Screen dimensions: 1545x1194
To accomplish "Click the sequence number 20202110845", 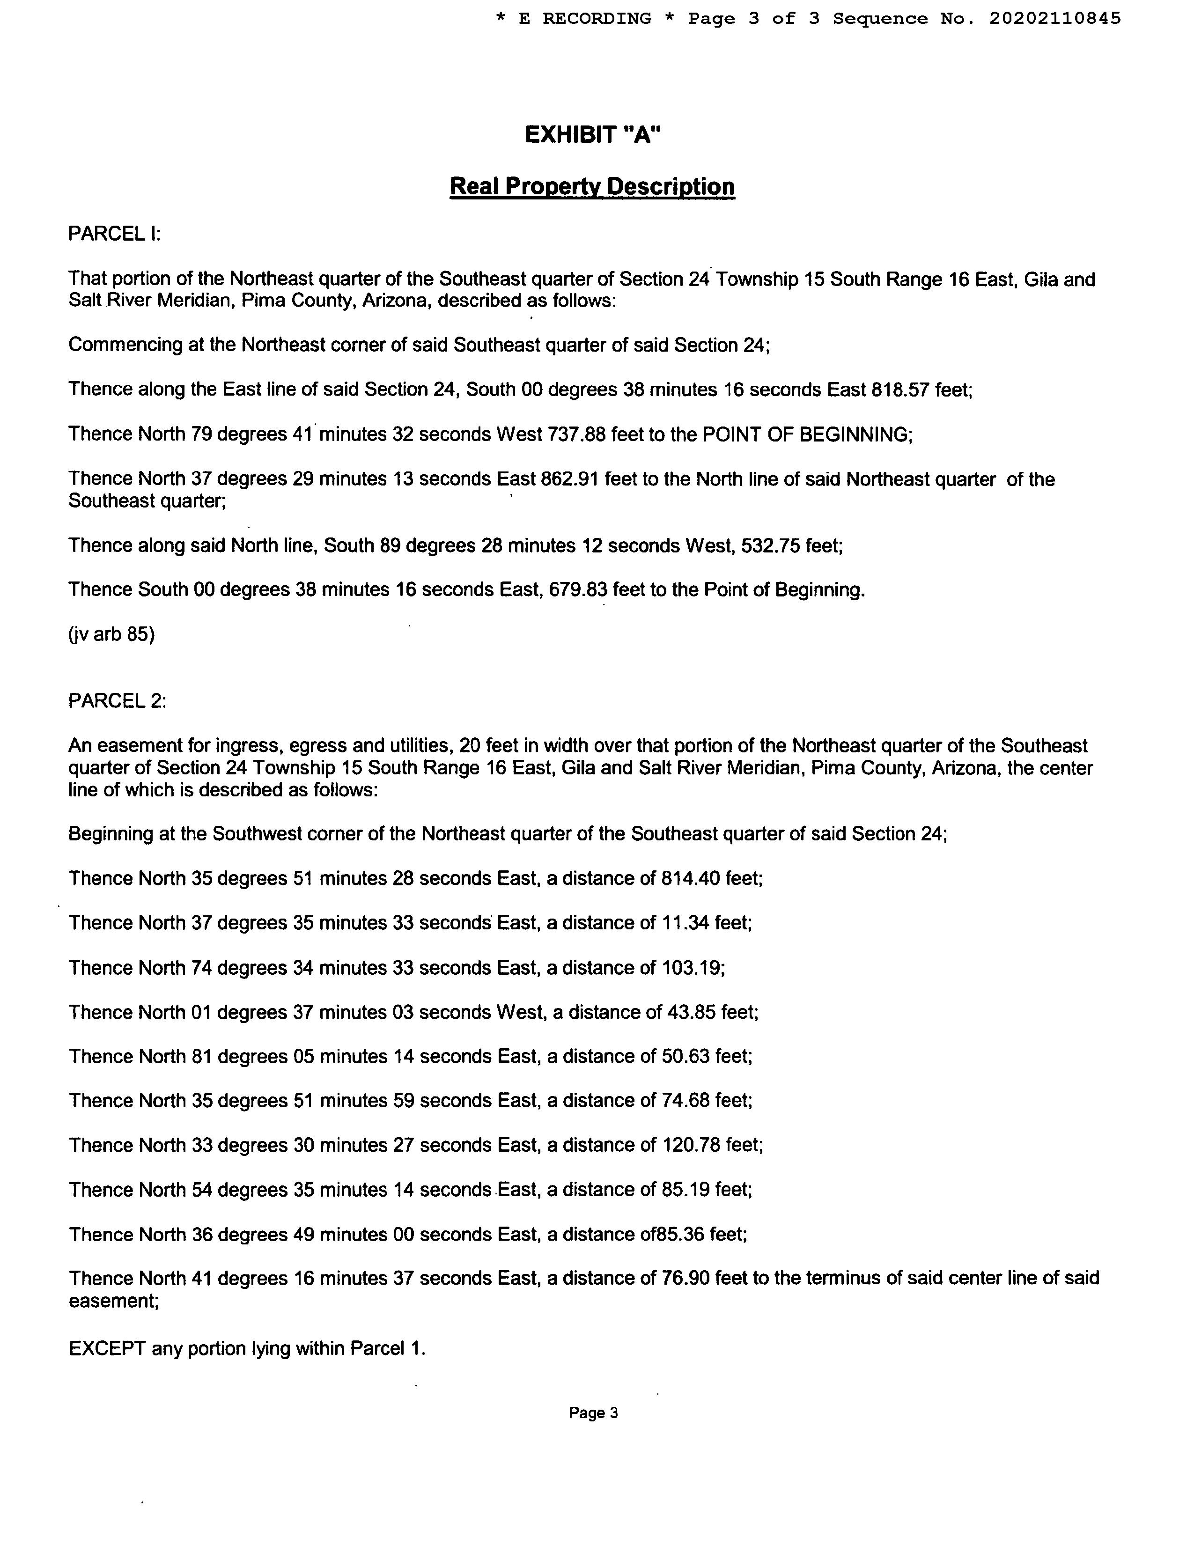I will point(1054,18).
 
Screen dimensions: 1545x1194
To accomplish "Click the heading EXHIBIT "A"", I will point(593,134).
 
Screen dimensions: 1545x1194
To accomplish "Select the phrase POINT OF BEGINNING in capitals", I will point(804,434).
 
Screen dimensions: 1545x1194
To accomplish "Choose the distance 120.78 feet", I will point(711,1145).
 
